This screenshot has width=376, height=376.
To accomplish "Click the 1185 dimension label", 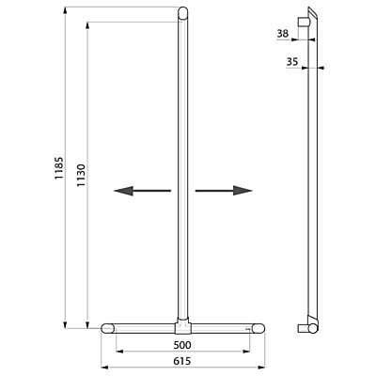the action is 59,168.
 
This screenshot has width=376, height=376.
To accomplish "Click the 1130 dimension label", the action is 81,175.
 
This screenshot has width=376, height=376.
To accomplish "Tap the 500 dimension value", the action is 182,345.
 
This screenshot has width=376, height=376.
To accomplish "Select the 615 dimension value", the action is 182,361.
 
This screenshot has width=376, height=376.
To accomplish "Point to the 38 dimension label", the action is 283,34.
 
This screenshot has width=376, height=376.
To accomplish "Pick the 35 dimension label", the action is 292,62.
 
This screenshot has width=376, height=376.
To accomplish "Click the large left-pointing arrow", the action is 142,191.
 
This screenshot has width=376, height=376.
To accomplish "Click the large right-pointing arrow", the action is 224,191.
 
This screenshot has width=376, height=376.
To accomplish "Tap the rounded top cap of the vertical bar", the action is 183,13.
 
